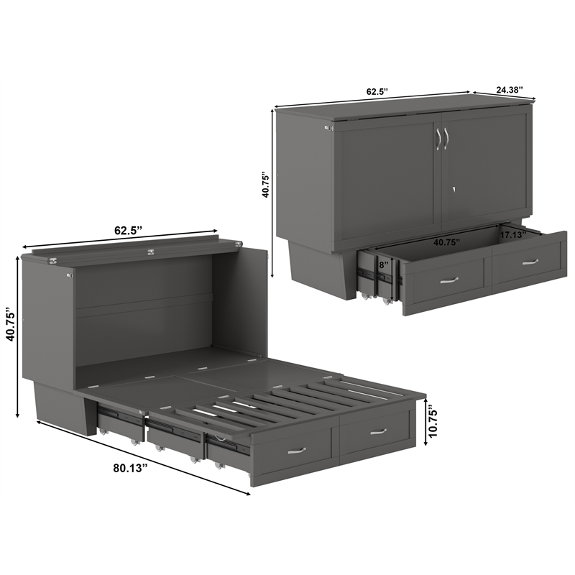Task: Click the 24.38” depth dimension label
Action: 510,90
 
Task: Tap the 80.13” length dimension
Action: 131,469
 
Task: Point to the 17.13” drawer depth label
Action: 513,235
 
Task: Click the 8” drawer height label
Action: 384,264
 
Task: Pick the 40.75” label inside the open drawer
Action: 446,242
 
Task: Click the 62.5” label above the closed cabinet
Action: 377,91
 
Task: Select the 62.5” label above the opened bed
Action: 129,230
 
